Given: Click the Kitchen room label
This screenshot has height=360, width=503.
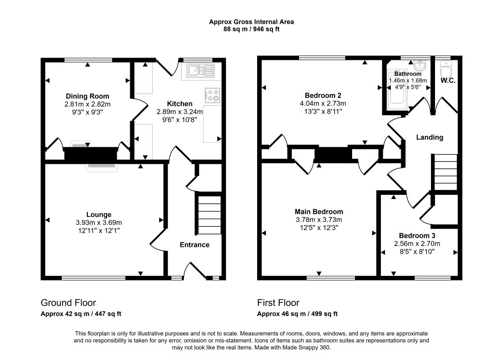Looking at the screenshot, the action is coord(180,104).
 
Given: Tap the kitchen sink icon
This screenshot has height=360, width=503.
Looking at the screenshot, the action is coord(201,71).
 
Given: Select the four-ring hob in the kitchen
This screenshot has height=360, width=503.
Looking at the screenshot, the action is coord(213,95).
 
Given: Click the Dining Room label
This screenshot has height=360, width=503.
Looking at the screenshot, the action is coord(87,96).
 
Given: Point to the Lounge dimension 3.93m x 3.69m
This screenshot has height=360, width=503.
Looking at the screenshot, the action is coord(99,222).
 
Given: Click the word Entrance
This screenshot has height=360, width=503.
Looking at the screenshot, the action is coord(195,245).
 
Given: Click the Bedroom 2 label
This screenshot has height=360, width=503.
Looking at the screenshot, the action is coord(323,95).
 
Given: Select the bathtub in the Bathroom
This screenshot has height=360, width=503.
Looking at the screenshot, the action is coord(398,90).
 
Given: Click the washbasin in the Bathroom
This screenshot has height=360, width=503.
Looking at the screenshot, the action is coord(420,65).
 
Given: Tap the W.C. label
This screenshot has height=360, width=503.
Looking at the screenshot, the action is coord(448,81).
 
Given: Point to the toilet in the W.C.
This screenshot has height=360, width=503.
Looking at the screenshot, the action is coord(446,68).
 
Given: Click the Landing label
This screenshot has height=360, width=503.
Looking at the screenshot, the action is coord(430,138).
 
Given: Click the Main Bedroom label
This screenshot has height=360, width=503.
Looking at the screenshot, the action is coord(319,212).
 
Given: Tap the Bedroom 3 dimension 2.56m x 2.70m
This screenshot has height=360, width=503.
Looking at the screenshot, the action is coord(417,243).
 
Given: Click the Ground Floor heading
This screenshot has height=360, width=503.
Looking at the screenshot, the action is coord(68,303).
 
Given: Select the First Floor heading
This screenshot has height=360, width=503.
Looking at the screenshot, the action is coord(278,303).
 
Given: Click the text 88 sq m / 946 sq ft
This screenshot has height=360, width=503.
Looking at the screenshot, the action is coord(251,29).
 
